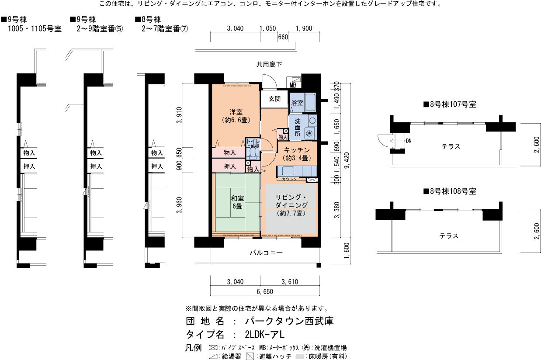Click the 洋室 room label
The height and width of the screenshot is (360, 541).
coord(236,112)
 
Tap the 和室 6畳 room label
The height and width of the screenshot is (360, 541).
coord(237,202)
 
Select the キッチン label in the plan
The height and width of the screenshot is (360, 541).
coord(297,150)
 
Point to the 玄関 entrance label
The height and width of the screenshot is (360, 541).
coord(274,99)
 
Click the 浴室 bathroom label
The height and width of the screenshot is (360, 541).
coord(297,103)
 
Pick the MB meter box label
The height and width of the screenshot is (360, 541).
coord(293,85)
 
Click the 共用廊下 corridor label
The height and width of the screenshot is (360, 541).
coord(269,64)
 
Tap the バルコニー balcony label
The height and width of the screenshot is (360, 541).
coord(266,253)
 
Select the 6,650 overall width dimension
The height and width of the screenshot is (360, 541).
coord(265,291)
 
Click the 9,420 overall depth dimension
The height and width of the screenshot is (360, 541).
coord(347,161)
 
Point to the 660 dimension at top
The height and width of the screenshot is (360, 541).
coord(283,37)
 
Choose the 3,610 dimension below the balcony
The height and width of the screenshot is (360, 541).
coord(290,281)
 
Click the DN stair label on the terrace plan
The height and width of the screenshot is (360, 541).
coord(409,141)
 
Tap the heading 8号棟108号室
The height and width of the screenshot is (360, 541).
coord(450,191)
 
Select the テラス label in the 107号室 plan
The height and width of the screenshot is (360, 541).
coord(451,146)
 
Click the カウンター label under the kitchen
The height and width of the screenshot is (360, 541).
coord(291,179)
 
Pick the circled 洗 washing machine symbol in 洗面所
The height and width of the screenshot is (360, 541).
coord(309,133)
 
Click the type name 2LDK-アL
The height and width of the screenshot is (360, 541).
coord(265,334)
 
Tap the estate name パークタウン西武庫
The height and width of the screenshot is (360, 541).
coord(289,321)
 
